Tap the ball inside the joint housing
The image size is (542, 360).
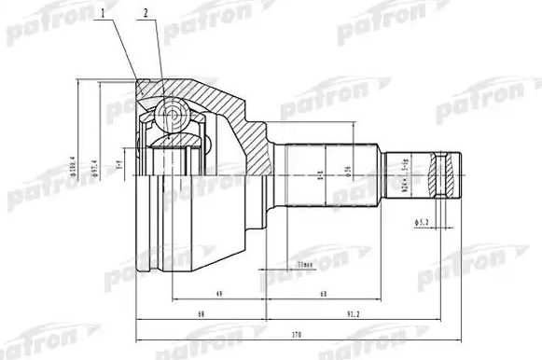pyautogui.click(x=171, y=116)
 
